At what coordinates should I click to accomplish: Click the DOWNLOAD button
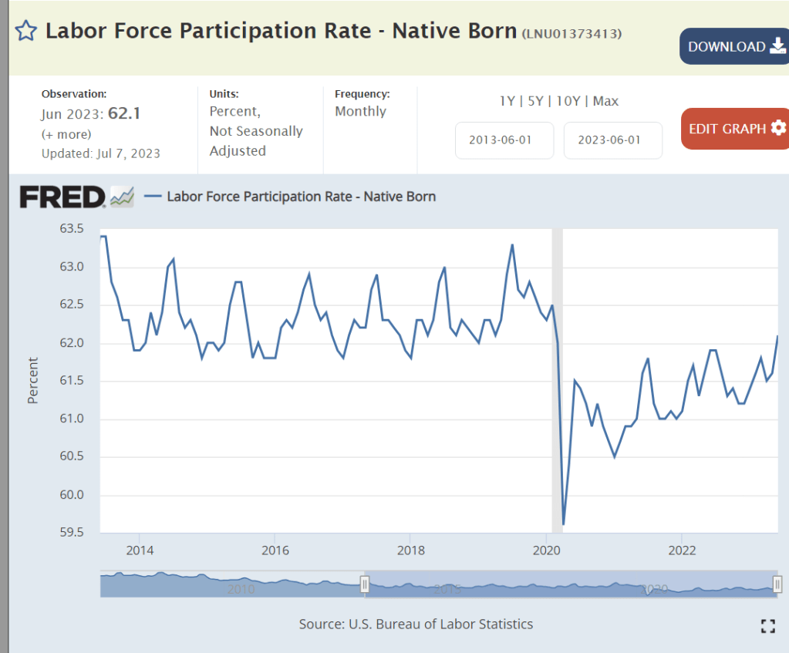tap(733, 46)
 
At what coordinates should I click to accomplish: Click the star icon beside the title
tap(26, 31)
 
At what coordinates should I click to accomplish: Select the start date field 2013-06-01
tap(504, 140)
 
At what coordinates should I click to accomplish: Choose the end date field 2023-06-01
tap(612, 140)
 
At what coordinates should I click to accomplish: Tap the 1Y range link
tap(507, 101)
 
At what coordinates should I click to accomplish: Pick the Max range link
tap(605, 101)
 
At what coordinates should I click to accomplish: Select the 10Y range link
tap(569, 101)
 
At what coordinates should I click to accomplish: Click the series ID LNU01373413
tap(572, 33)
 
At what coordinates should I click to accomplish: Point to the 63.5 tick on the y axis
tap(70, 229)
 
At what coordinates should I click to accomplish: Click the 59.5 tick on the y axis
tap(70, 533)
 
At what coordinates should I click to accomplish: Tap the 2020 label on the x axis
tap(546, 550)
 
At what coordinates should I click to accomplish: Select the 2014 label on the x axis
tap(139, 550)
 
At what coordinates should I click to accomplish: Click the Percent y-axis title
tap(33, 380)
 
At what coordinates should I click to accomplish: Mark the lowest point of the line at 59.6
tap(564, 524)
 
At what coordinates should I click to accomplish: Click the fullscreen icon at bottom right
tap(767, 626)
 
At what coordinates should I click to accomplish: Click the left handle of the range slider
tap(366, 585)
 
